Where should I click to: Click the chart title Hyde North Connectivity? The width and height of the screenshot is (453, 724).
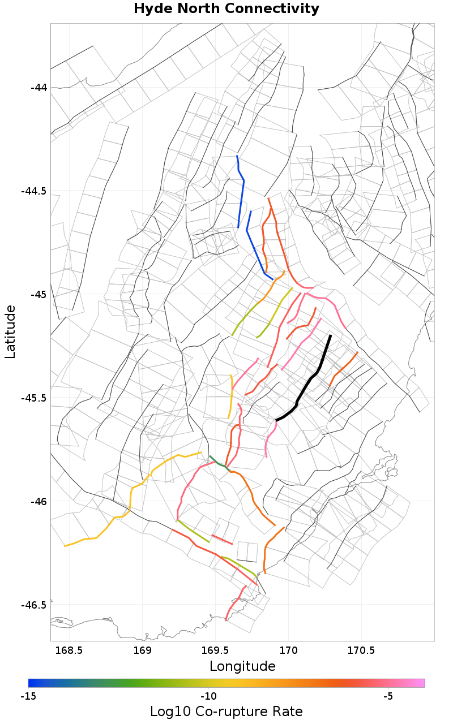tap(226, 9)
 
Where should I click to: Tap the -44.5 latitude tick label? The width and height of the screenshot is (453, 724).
tap(35, 191)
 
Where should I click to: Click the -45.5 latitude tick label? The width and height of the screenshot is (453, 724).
tap(35, 398)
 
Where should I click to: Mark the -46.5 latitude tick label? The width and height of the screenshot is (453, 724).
tap(35, 605)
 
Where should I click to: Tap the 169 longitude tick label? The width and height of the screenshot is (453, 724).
tap(143, 650)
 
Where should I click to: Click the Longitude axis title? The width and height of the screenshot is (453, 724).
tap(242, 666)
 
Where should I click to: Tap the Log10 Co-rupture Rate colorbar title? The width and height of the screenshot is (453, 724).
tap(226, 712)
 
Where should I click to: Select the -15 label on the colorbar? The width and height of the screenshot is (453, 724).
tap(28, 696)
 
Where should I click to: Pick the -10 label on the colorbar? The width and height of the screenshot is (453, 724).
tap(208, 696)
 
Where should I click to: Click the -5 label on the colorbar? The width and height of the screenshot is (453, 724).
tap(388, 696)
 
